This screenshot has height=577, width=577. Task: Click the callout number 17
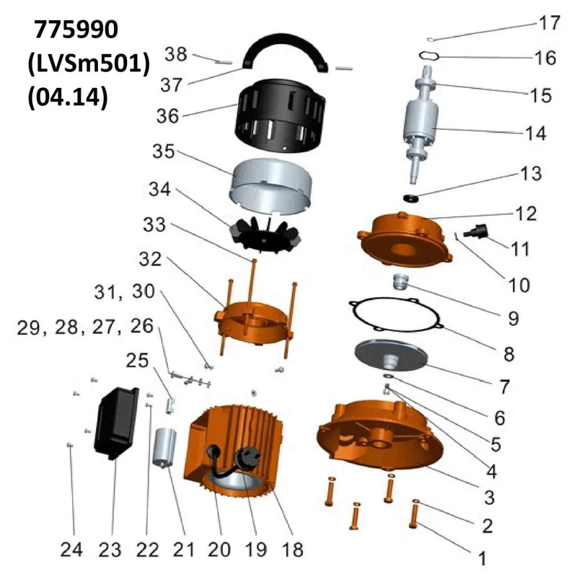coord(549,24)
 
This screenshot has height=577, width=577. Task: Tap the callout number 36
coord(171,116)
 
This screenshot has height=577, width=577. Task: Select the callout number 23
coord(110,550)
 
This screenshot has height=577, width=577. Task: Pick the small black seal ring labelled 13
coord(410,196)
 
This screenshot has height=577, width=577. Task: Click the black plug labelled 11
coord(477,233)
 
